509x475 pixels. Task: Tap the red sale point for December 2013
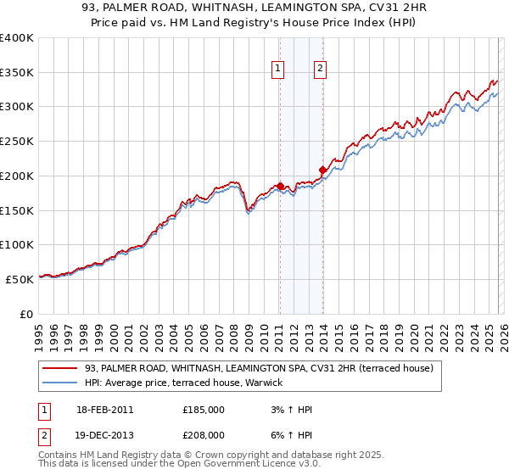coord(322,170)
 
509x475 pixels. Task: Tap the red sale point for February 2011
coord(280,186)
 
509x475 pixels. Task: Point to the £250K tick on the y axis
coord(17,141)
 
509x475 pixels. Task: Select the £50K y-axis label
coord(20,279)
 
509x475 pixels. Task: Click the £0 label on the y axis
coord(27,314)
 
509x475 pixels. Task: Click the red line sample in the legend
coord(60,368)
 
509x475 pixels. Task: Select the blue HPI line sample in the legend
coord(60,383)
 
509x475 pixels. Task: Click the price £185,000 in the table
coord(204,410)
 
